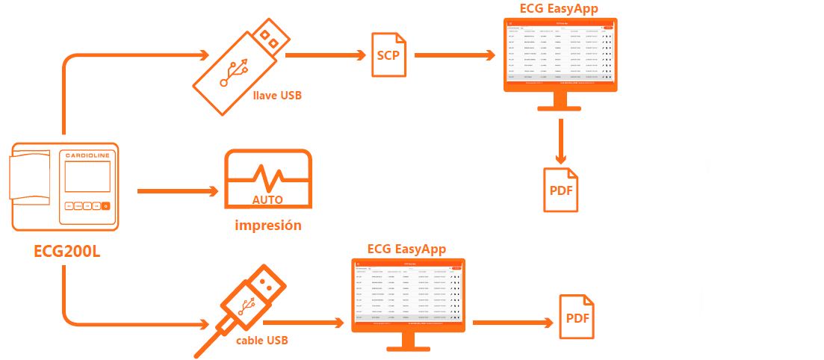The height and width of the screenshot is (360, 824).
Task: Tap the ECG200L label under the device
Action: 66,251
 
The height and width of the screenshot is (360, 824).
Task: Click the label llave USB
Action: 277,96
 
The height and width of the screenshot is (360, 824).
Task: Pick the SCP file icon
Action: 389,55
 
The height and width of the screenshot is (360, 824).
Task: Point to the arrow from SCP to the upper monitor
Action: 454,55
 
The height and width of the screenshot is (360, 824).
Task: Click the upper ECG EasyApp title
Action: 560,8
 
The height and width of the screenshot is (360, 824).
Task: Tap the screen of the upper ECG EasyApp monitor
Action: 560,52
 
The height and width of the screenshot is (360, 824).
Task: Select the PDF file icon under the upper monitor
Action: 560,188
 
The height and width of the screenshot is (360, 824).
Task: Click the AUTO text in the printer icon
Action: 267,200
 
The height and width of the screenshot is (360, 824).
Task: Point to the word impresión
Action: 268,225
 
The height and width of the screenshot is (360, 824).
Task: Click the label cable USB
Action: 261,341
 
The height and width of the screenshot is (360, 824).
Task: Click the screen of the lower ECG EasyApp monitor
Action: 408,294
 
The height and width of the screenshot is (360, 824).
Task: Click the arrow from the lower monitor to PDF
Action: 509,323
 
